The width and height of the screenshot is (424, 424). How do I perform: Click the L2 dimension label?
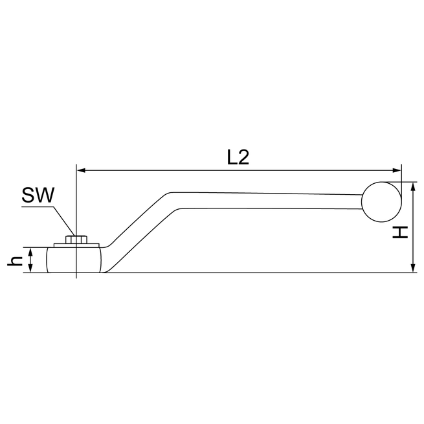point(238,157)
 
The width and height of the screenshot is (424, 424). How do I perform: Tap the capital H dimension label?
point(401,232)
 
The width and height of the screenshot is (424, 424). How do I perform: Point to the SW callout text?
point(38,195)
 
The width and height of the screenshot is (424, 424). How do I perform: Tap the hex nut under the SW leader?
point(76,240)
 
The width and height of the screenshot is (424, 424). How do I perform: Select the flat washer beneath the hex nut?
point(76,245)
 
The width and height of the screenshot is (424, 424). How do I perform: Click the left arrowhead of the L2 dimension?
point(81,171)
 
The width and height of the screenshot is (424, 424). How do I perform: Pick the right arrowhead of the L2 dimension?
point(397,171)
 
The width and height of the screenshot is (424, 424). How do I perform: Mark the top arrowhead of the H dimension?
point(413,186)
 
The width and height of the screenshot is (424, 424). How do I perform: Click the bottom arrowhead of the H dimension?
point(413,269)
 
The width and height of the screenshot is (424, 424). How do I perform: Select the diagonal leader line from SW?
point(63,220)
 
